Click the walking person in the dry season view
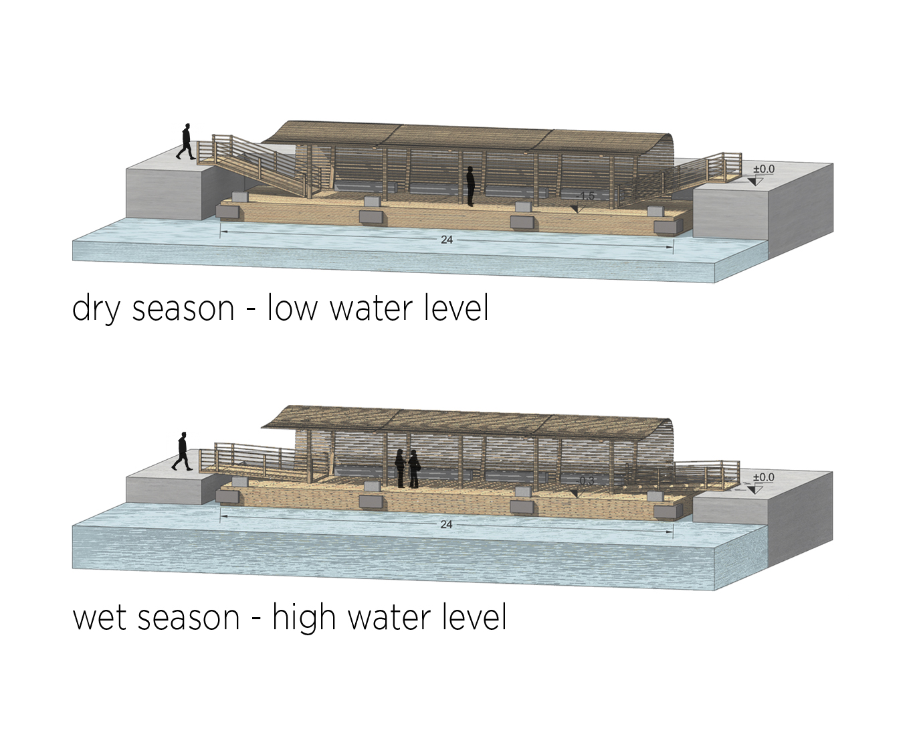185,141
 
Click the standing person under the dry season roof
470,186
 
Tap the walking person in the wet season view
181,452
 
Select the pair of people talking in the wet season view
407,468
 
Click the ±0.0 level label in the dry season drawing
763,169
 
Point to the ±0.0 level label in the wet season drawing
763,477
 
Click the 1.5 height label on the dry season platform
587,196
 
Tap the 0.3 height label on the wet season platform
587,481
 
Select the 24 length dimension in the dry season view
447,240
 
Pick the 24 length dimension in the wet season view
446,525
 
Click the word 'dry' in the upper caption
96,309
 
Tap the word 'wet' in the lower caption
101,617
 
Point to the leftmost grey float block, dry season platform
228,212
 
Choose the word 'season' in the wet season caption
190,617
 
